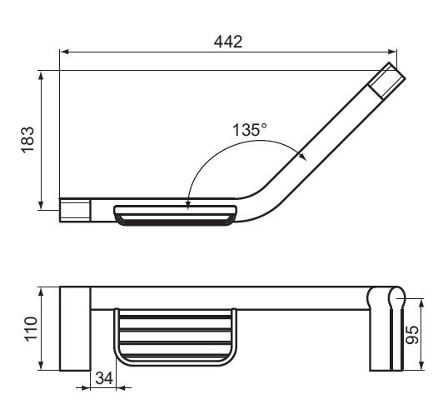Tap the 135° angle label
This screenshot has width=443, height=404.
(249, 130)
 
